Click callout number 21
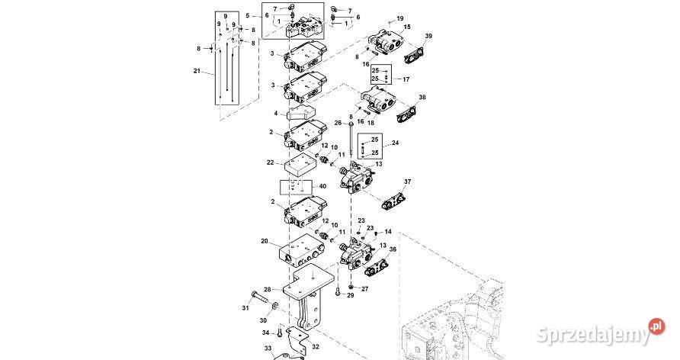coord(197,72)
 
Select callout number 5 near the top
coord(248,15)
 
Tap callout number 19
coord(400,18)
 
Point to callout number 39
coord(428,37)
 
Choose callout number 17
coord(406,79)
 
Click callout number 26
coord(338,122)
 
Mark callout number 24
coord(396,143)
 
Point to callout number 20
coord(264,241)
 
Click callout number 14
coord(387,232)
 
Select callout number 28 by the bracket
coord(268,290)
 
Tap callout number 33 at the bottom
coord(268,348)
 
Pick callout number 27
coord(364,289)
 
